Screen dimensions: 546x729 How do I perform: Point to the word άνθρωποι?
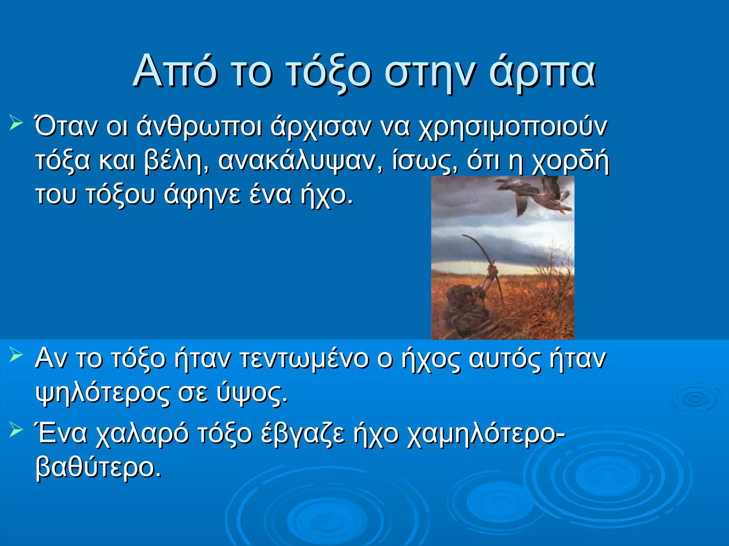point(199,127)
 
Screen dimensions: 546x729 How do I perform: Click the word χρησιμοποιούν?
point(513,127)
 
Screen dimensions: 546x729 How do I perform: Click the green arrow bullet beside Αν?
point(16,355)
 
